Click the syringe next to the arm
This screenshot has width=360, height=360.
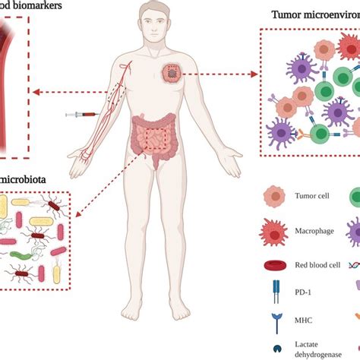click(82, 114)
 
